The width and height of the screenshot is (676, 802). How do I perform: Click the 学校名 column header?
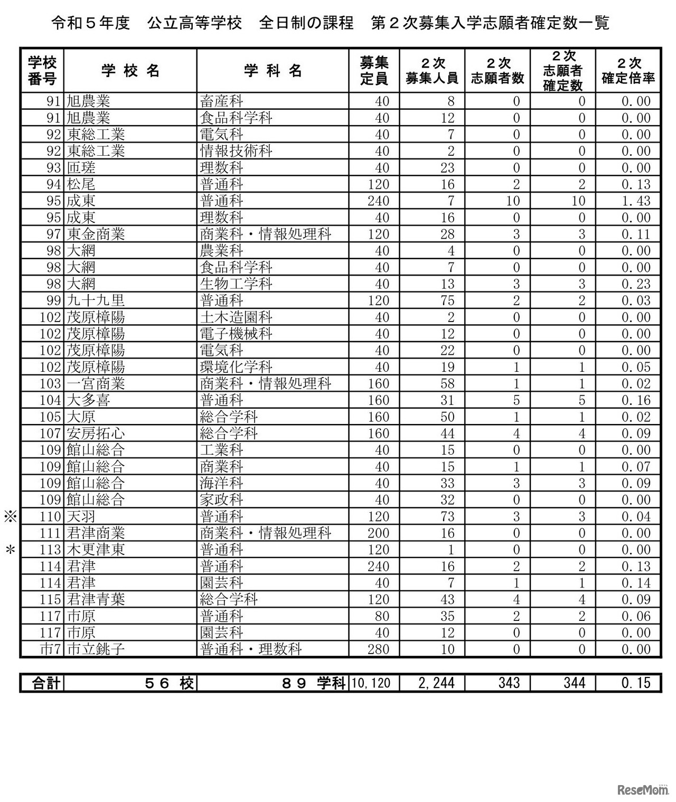(130, 71)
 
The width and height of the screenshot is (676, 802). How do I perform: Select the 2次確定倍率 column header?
(628, 71)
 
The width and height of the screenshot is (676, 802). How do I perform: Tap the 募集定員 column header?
(374, 71)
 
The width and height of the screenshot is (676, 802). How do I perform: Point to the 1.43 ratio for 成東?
(636, 201)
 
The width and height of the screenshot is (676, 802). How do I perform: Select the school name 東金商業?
(96, 234)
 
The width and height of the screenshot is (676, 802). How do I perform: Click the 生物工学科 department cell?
(236, 284)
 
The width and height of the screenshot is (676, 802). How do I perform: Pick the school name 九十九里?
(96, 300)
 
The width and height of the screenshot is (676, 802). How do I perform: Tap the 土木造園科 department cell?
(236, 317)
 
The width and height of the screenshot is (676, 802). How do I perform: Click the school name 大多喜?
(89, 400)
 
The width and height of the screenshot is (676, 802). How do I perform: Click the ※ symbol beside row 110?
(11, 516)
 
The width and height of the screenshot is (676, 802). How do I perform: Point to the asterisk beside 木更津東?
(10, 550)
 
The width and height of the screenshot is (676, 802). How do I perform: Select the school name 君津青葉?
(96, 599)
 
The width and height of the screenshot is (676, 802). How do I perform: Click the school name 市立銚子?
(96, 649)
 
